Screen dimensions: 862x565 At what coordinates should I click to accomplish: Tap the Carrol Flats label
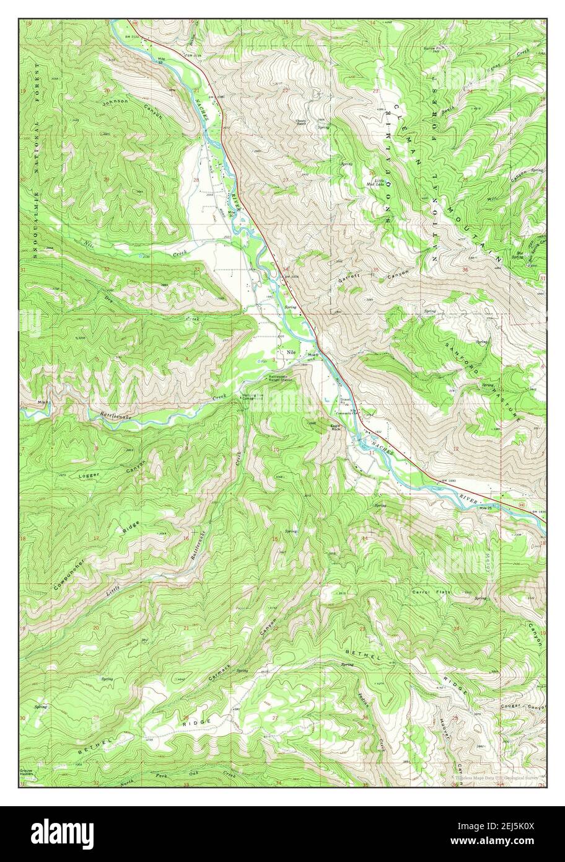pos(431,592)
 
